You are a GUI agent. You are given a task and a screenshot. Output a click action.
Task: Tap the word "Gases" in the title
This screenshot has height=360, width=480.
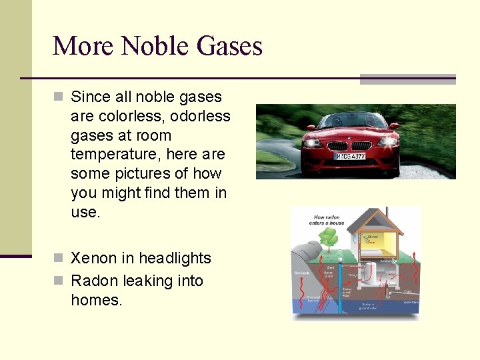(229, 46)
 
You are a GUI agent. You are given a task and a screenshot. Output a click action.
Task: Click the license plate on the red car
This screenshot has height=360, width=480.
(349, 156)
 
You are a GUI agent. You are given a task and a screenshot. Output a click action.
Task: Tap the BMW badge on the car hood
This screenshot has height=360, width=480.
(349, 138)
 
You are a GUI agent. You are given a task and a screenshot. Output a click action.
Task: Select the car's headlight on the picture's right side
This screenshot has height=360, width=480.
(387, 142)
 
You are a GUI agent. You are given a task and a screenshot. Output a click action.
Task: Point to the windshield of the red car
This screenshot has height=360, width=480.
(350, 121)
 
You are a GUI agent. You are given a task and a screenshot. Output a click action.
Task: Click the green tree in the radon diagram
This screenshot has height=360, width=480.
(328, 236)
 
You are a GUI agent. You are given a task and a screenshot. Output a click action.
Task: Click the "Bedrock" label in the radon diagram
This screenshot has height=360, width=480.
(301, 273)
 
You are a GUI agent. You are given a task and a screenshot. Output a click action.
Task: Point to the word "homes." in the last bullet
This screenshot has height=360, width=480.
(97, 300)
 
